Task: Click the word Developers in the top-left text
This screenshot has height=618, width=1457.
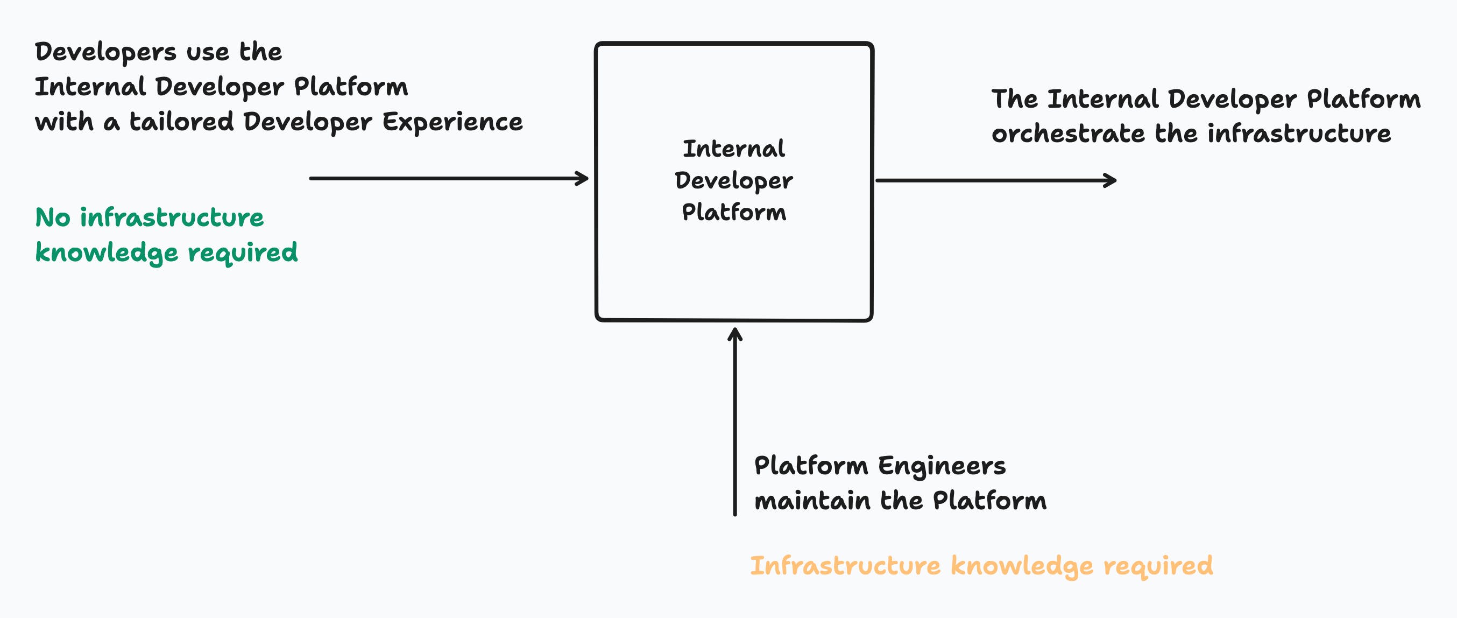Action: click(106, 53)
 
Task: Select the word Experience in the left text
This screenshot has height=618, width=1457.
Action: click(452, 122)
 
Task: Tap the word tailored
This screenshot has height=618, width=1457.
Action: click(181, 122)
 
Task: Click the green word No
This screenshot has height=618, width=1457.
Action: click(53, 217)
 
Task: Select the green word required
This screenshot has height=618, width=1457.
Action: click(243, 252)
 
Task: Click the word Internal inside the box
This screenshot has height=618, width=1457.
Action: click(733, 149)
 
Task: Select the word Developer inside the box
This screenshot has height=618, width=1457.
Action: click(733, 181)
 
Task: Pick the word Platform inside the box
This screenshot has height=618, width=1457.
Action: click(733, 213)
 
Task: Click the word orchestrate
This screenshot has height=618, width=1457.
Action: click(1068, 134)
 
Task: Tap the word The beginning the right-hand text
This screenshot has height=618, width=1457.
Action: click(1014, 99)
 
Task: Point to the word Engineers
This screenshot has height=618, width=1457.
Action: click(942, 466)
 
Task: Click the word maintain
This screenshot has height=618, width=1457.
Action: click(812, 501)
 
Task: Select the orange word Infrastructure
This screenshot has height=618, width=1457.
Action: click(845, 565)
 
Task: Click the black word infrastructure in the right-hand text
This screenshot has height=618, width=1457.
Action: click(1299, 134)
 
